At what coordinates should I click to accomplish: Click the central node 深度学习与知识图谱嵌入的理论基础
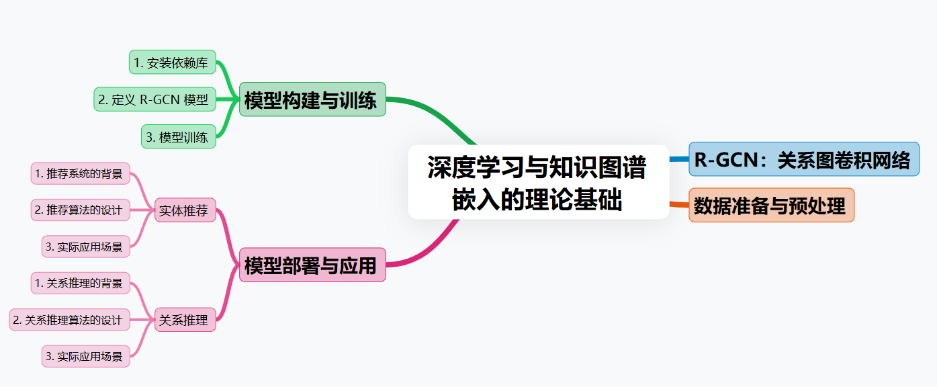pos(538,182)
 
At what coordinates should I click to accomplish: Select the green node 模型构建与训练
pos(312,99)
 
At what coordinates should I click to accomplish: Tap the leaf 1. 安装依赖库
pos(172,62)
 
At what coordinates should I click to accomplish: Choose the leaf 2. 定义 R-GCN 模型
pos(154,99)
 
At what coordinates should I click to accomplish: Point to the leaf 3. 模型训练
pos(178,137)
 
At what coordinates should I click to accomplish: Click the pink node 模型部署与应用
pos(312,265)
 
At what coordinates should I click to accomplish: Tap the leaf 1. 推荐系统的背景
pos(81,173)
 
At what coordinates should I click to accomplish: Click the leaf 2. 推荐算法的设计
pos(81,210)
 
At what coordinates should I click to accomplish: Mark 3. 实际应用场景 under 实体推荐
pos(85,247)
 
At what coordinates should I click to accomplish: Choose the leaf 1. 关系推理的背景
pos(81,283)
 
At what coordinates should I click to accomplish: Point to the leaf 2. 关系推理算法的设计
pos(69,320)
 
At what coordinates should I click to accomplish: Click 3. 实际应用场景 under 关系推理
pos(85,356)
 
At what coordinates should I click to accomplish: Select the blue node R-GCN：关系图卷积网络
pos(803,160)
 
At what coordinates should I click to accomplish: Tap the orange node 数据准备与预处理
pos(771,205)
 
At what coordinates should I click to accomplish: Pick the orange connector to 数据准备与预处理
pos(679,204)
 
